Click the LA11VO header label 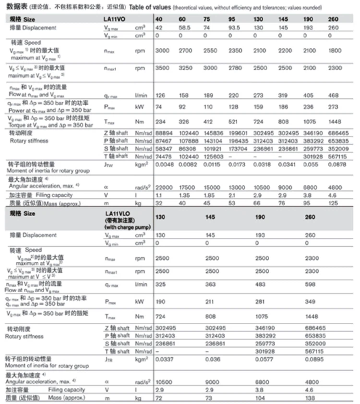(x=115, y=19)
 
